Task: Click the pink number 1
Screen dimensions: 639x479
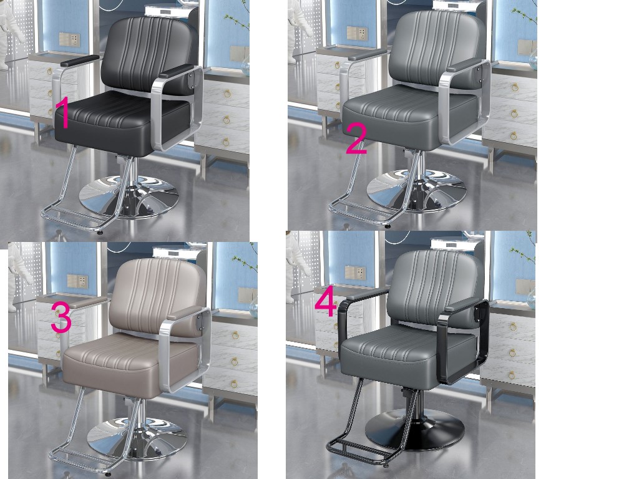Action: [63, 112]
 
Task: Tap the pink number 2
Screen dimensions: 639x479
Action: [356, 139]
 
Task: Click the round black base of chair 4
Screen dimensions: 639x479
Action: [414, 430]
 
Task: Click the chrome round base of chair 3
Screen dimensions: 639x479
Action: [137, 438]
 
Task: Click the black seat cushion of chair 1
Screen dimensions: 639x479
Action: [122, 123]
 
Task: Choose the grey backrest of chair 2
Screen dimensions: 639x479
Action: [437, 49]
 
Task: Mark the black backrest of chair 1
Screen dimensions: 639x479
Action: [149, 54]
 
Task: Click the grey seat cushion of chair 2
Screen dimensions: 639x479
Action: [410, 116]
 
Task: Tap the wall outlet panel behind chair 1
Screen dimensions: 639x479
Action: [69, 39]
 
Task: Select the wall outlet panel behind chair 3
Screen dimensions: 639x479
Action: [77, 281]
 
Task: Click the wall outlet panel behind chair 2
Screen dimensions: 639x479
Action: [357, 34]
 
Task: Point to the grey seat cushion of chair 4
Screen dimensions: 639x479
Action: [408, 355]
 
